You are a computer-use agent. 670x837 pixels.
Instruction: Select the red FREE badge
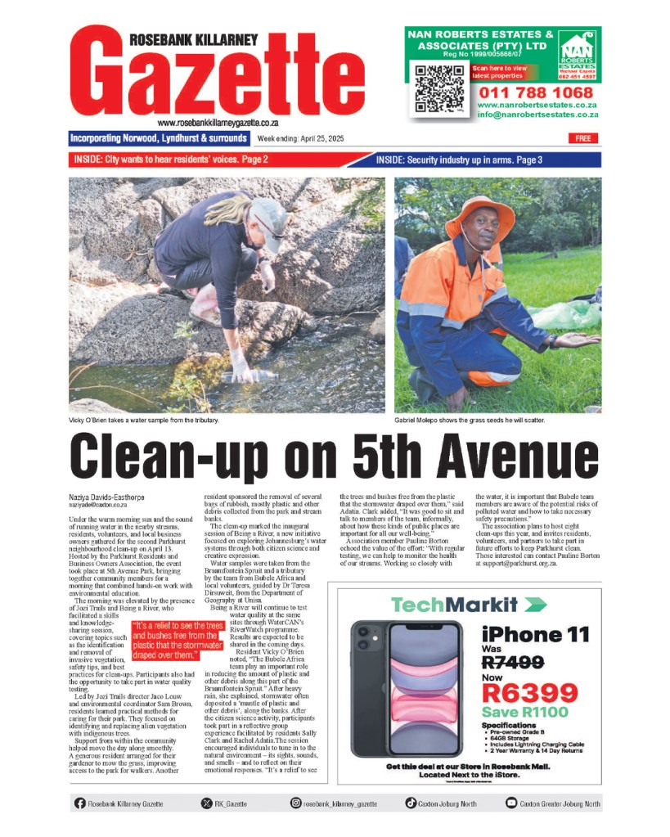coord(582,138)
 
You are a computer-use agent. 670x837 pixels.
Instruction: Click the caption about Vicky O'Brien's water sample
coord(144,421)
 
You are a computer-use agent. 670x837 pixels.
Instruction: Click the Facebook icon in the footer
coord(79,804)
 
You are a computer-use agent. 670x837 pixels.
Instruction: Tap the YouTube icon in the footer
coord(511,804)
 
